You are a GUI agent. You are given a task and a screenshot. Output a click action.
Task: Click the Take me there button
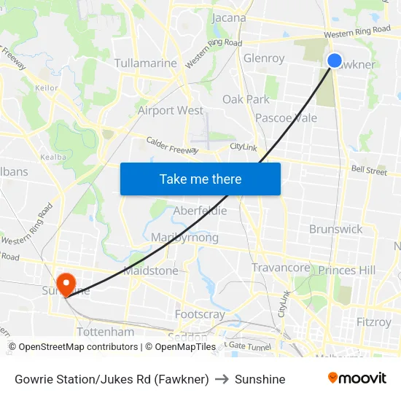(x=200, y=179)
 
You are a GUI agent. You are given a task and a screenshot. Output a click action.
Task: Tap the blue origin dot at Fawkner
(x=335, y=61)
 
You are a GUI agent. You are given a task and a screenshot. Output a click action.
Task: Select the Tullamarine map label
(x=146, y=63)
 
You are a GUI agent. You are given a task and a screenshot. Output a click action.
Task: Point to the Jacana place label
(x=228, y=17)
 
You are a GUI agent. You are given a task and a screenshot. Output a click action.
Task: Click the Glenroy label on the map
(x=264, y=58)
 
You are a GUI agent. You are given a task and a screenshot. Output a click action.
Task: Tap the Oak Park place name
(x=246, y=99)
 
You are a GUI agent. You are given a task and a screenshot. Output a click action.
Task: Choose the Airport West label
(x=171, y=111)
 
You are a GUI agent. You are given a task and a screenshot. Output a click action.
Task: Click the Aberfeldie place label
(x=200, y=211)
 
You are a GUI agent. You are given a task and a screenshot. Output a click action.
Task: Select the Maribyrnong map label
(x=184, y=238)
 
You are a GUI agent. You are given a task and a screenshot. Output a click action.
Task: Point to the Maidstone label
(x=151, y=270)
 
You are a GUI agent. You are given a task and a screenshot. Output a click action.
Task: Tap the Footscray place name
(x=200, y=314)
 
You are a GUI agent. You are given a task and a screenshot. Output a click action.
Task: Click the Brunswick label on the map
(x=335, y=229)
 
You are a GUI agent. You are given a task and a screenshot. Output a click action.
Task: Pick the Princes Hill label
(x=346, y=270)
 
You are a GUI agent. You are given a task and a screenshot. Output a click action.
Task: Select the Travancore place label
(x=281, y=268)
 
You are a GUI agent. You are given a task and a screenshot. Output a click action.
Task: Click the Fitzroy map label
(x=374, y=321)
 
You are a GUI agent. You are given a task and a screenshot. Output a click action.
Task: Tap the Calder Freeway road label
(x=172, y=145)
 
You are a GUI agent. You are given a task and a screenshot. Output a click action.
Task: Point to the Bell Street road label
(x=369, y=171)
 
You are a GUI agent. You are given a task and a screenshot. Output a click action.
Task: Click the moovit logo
(x=357, y=378)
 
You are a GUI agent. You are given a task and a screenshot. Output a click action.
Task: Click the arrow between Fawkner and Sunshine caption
(x=222, y=379)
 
